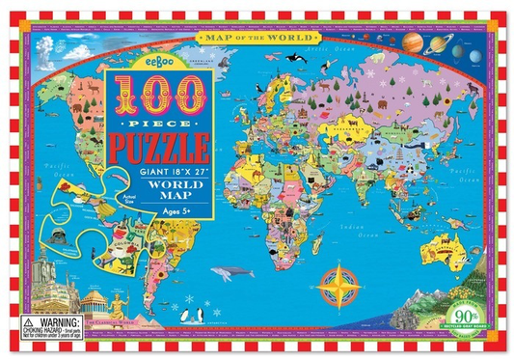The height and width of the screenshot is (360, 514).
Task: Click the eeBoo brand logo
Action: pos(157,59)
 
